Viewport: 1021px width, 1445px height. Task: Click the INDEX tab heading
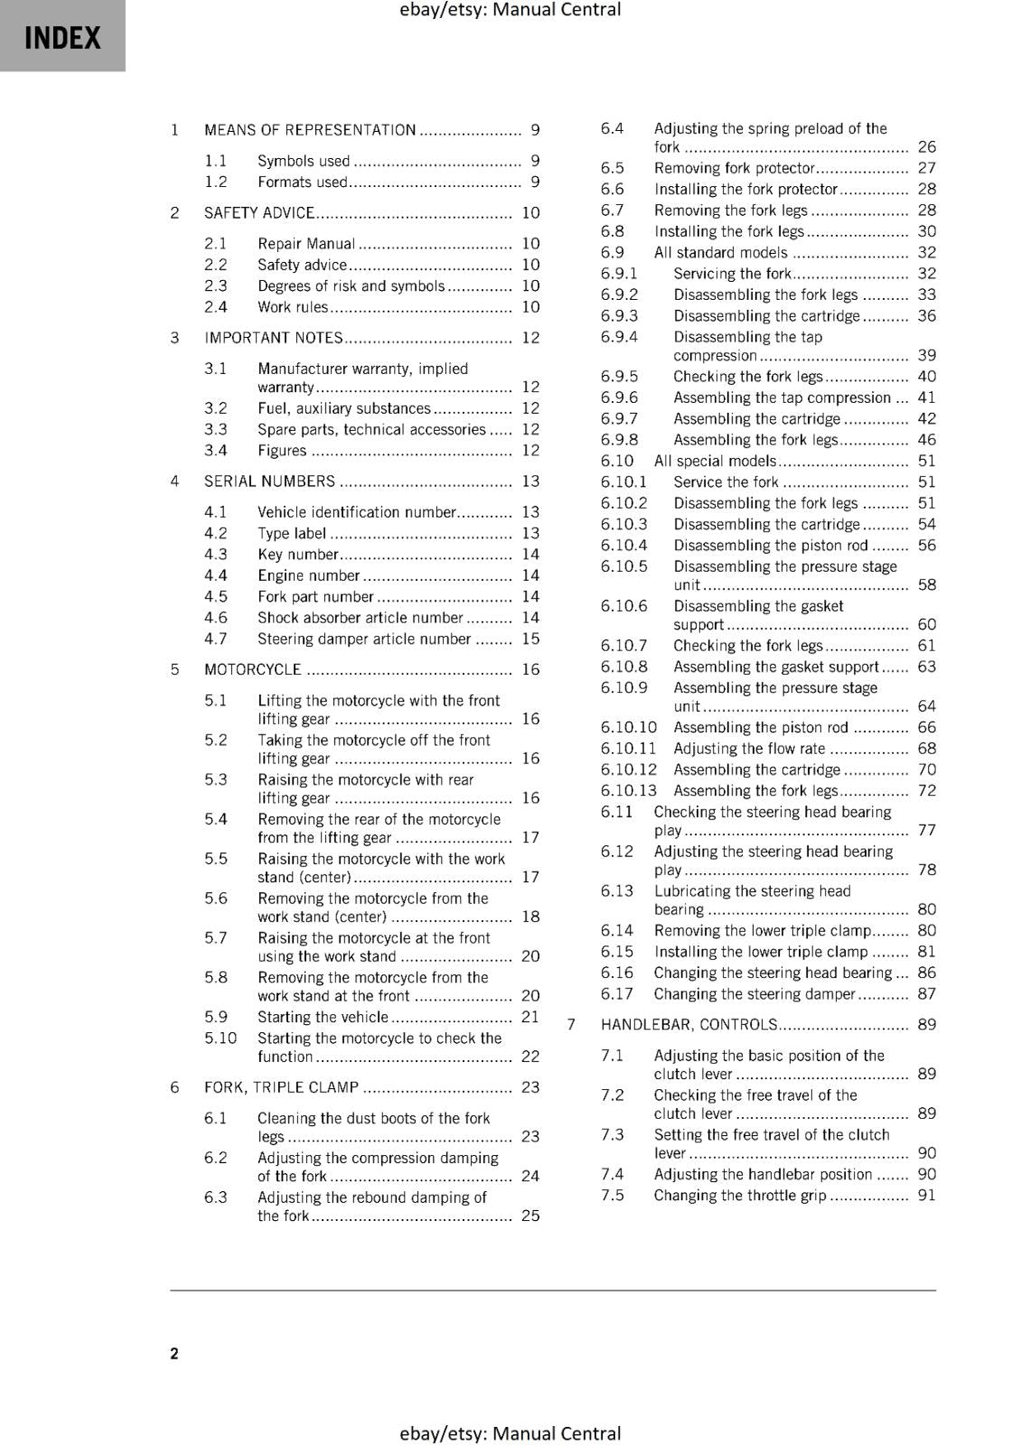pyautogui.click(x=62, y=38)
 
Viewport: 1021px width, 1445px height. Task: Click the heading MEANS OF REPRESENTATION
pyautogui.click(x=310, y=130)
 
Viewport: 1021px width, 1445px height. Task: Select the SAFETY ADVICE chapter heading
pyautogui.click(x=259, y=213)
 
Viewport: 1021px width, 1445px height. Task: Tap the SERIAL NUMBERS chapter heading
pyautogui.click(x=269, y=481)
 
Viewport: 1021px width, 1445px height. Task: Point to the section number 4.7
pyautogui.click(x=215, y=639)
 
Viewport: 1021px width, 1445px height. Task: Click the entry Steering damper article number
pyautogui.click(x=364, y=639)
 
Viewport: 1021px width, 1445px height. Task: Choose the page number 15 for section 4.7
pyautogui.click(x=530, y=639)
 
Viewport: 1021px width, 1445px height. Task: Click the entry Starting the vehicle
pyautogui.click(x=323, y=1017)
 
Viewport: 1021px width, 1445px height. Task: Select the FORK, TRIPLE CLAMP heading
pyautogui.click(x=281, y=1087)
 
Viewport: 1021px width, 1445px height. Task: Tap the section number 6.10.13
pyautogui.click(x=629, y=790)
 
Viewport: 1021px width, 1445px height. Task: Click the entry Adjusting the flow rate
pyautogui.click(x=749, y=748)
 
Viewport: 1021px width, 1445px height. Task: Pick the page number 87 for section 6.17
pyautogui.click(x=926, y=993)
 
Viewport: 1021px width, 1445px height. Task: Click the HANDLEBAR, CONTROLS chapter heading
pyautogui.click(x=688, y=1024)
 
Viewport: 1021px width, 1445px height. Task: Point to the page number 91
pyautogui.click(x=926, y=1195)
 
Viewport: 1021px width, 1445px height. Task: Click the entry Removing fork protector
pyautogui.click(x=735, y=168)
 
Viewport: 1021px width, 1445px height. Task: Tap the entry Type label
pyautogui.click(x=292, y=533)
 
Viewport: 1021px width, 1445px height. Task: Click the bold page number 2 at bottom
pyautogui.click(x=174, y=1353)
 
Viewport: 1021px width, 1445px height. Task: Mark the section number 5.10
pyautogui.click(x=220, y=1038)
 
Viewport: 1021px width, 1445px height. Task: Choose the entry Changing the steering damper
pyautogui.click(x=754, y=993)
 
